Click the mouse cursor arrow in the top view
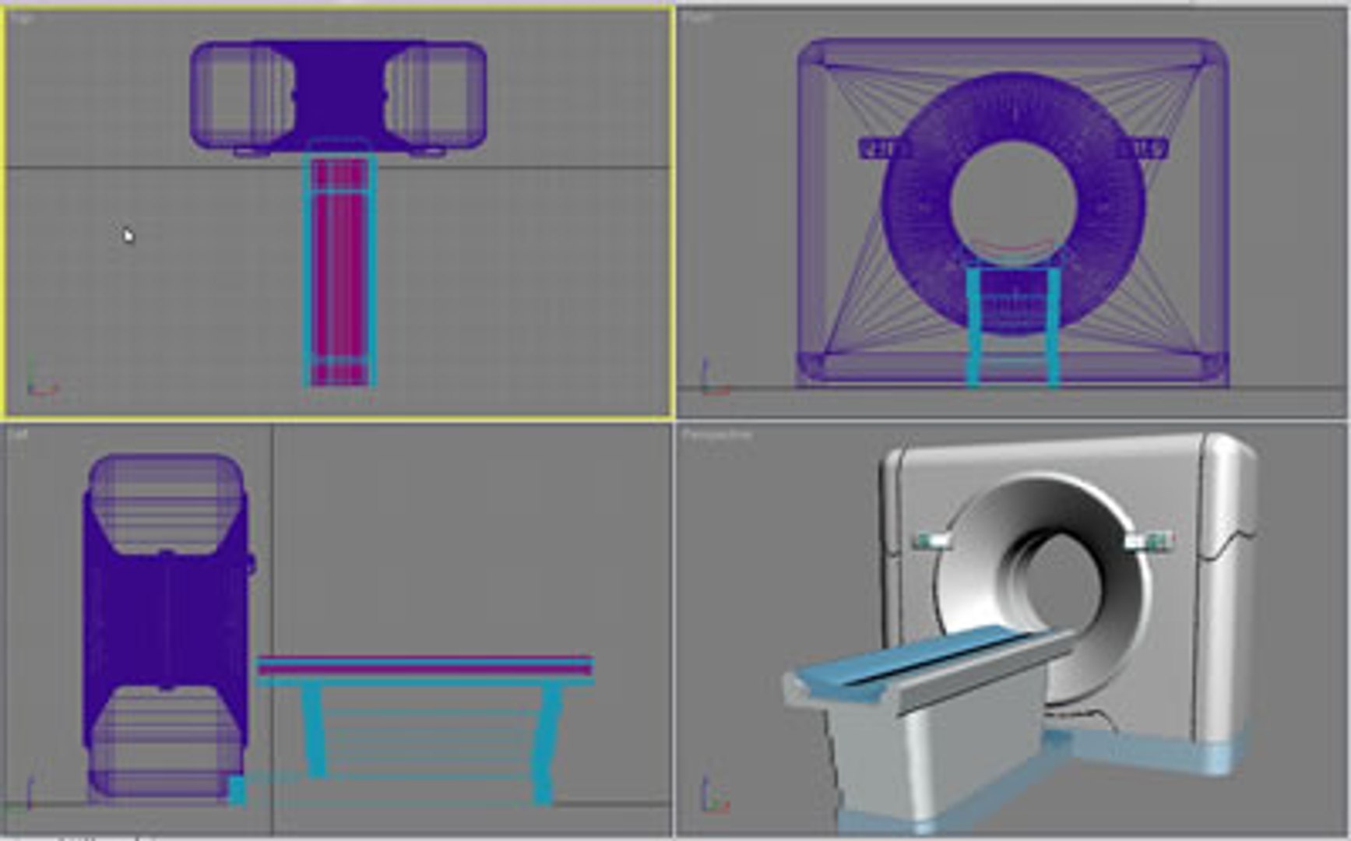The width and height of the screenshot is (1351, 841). tap(128, 235)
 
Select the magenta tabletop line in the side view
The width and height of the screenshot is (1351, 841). tap(425, 668)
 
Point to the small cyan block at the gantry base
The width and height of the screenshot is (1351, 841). tap(237, 790)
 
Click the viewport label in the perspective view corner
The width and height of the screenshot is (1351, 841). tap(716, 435)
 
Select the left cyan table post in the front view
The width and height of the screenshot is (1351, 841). tap(973, 327)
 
